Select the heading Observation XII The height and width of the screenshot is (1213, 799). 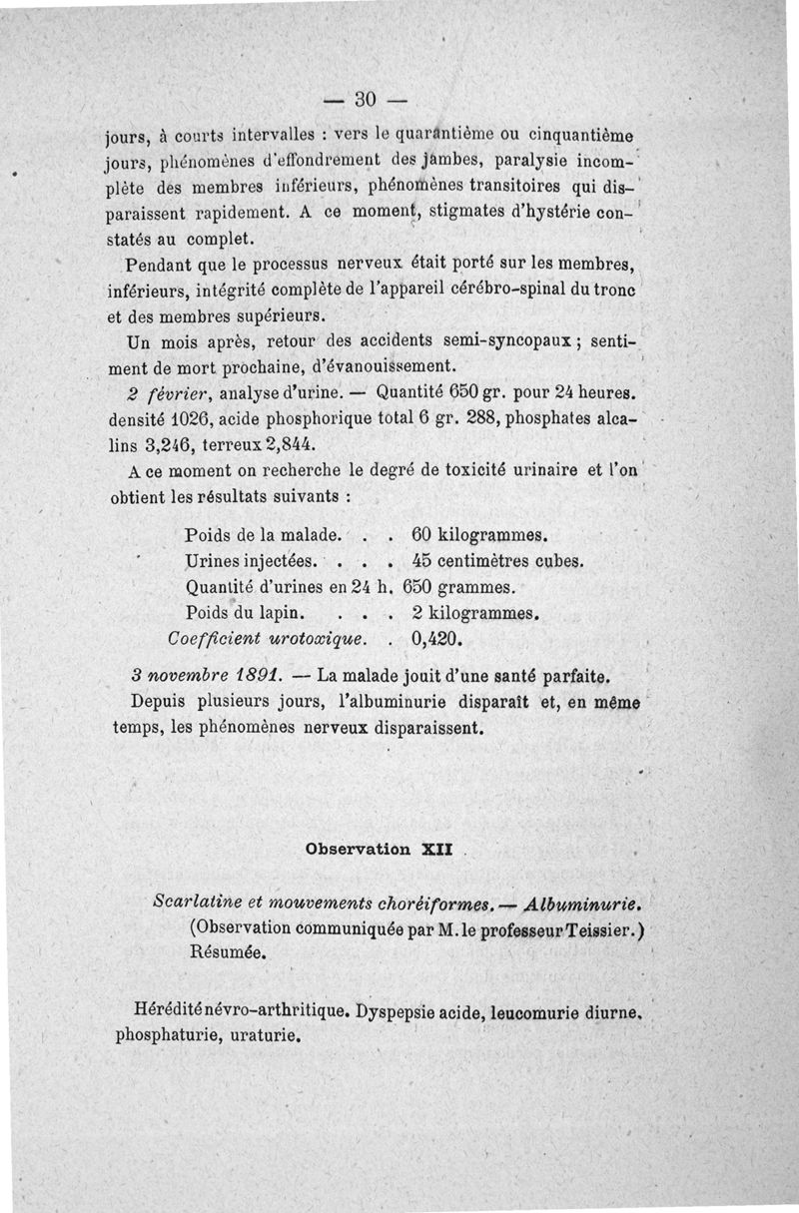pos(380,851)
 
